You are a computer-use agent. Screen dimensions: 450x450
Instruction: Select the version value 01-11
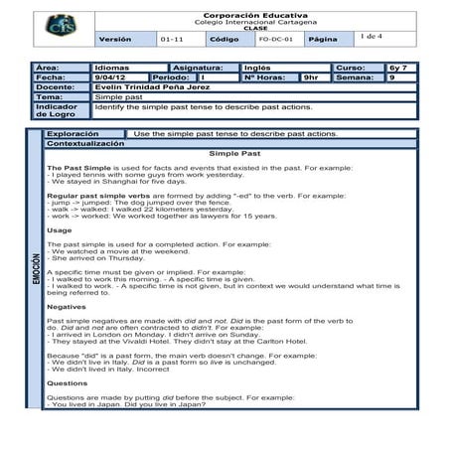pyautogui.click(x=172, y=39)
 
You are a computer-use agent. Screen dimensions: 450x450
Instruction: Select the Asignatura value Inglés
pyautogui.click(x=256, y=69)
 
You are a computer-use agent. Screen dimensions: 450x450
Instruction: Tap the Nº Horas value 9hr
pyautogui.click(x=311, y=77)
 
